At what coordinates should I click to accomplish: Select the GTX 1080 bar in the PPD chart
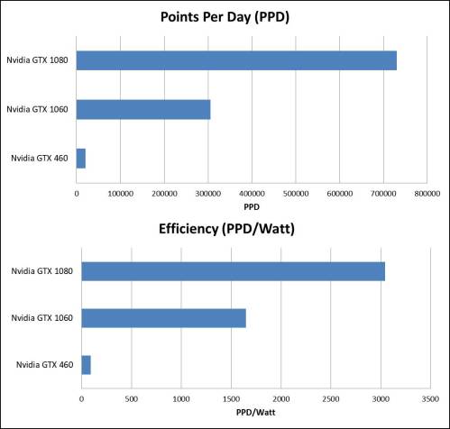click(x=236, y=60)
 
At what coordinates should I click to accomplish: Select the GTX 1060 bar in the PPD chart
click(x=143, y=109)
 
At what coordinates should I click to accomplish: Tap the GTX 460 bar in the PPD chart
click(x=81, y=159)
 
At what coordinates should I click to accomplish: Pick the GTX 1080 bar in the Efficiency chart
click(x=234, y=271)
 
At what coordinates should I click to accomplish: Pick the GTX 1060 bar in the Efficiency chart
click(x=163, y=318)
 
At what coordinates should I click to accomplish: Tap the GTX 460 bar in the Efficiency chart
click(x=87, y=365)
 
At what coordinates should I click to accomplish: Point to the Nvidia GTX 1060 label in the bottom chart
click(x=41, y=318)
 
